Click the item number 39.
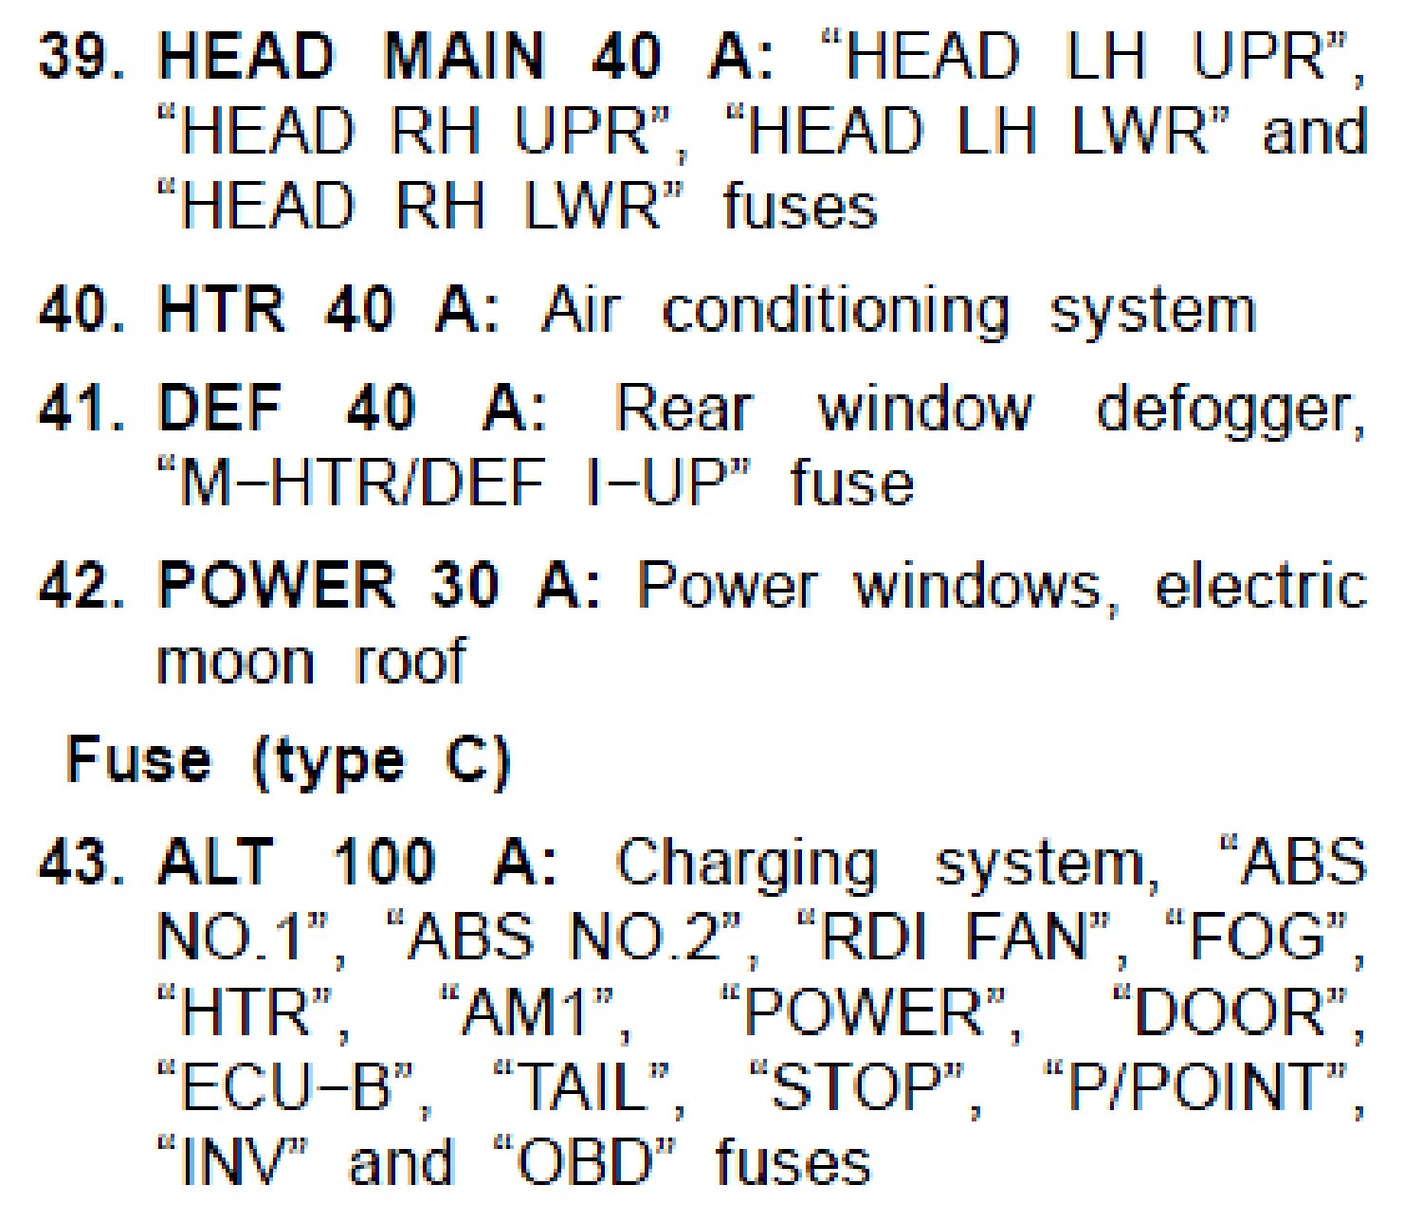tap(80, 57)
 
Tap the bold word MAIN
tap(464, 57)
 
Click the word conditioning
tap(835, 312)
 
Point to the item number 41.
tap(80, 410)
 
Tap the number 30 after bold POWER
tap(465, 586)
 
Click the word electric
tap(1260, 586)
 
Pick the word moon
tap(235, 662)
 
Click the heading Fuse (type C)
tap(288, 761)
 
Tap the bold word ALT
tap(216, 864)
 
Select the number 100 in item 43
tap(384, 864)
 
